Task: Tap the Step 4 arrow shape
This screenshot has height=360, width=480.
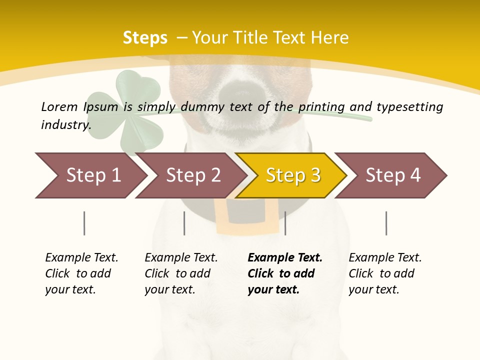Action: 392,175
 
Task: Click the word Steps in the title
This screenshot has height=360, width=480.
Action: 145,38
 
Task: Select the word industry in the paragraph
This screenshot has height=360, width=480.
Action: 65,124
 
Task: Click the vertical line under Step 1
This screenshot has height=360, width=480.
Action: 84,223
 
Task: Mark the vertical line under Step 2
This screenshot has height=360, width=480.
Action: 184,223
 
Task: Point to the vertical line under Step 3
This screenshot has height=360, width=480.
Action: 285,223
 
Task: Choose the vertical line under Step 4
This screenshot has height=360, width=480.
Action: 386,223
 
